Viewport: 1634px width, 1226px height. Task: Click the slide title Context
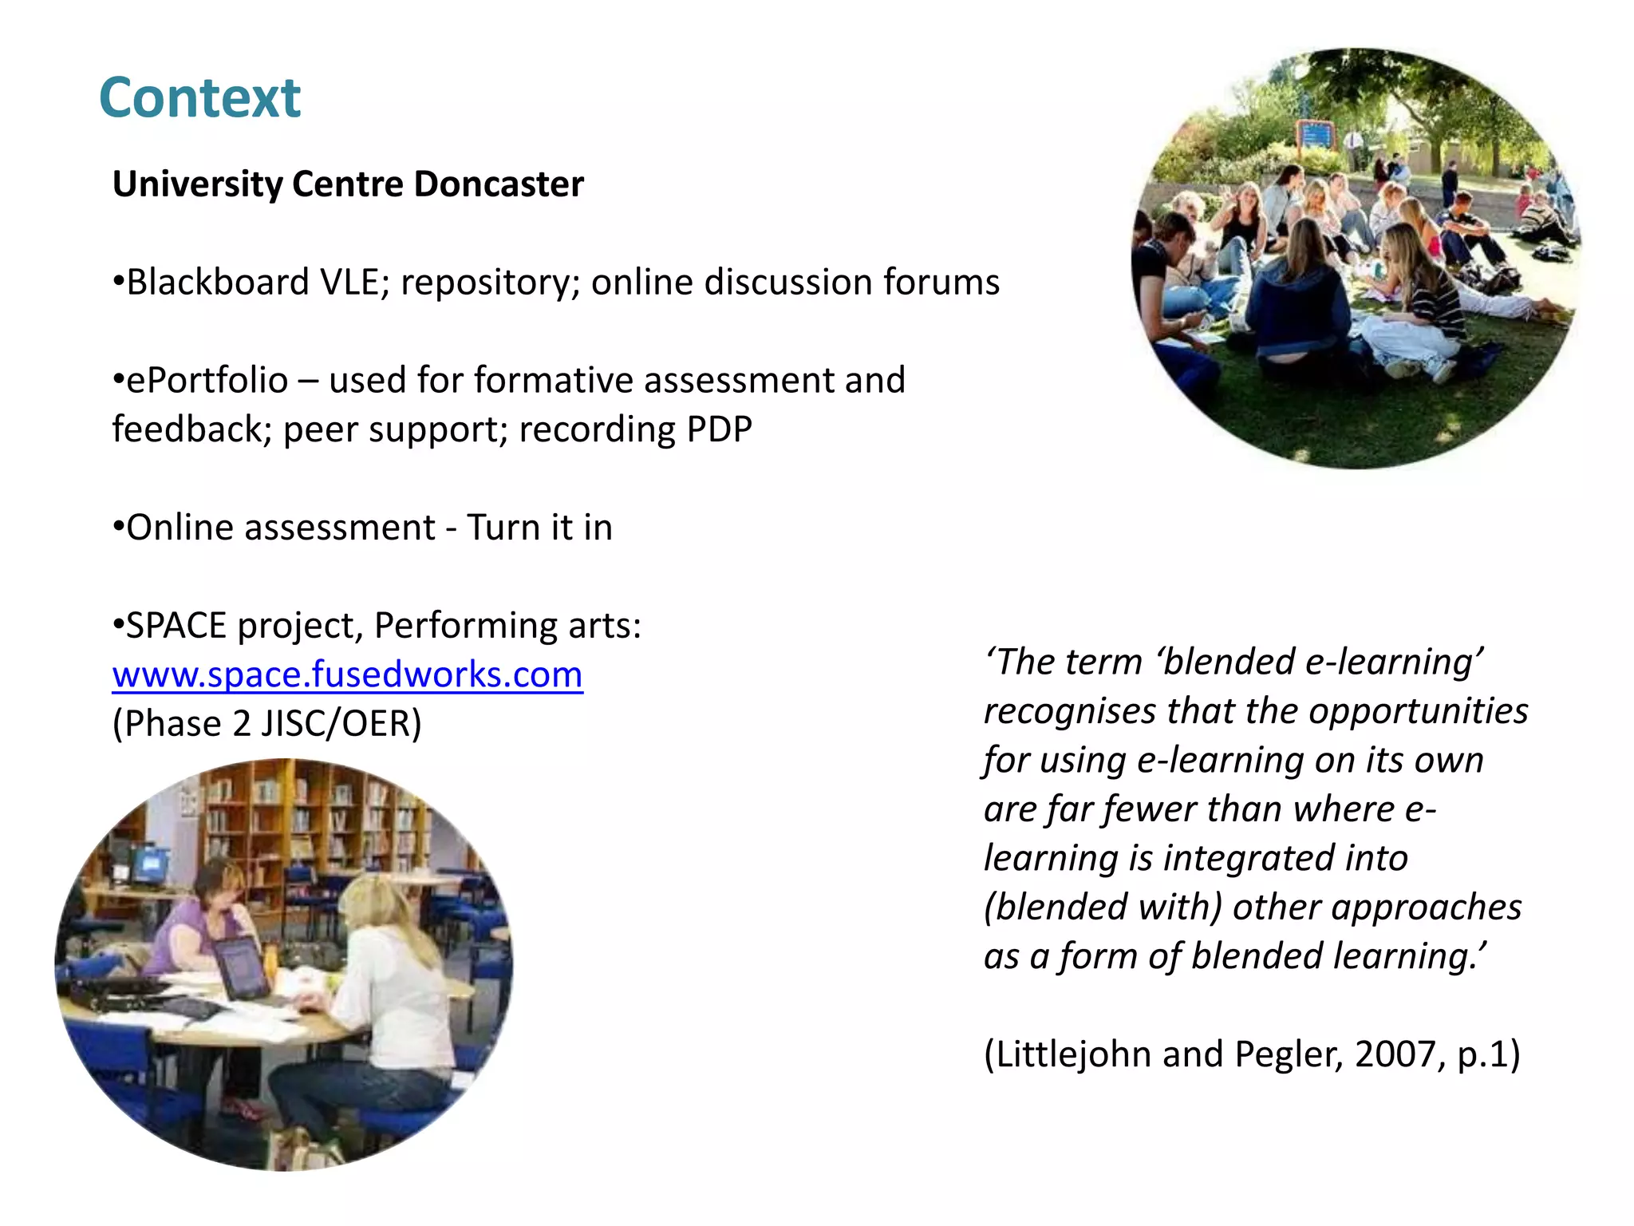point(199,98)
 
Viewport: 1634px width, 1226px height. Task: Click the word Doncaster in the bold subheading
point(499,184)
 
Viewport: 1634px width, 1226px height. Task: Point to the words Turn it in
point(539,528)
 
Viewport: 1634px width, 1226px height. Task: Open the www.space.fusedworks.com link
point(347,675)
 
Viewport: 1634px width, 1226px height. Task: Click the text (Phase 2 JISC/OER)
point(266,724)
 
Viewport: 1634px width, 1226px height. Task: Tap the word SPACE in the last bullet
point(176,626)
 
